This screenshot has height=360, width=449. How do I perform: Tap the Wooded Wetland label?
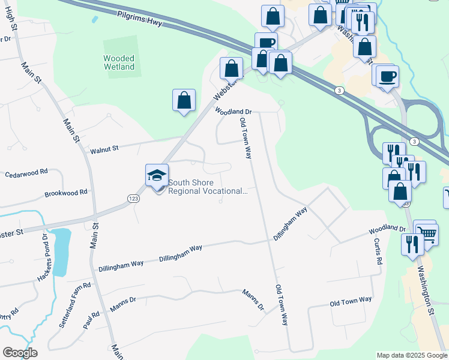[x=119, y=62]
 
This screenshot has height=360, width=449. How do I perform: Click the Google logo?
[x=20, y=353]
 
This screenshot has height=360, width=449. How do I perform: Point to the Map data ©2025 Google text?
[x=411, y=355]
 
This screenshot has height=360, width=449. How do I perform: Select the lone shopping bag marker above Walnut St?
[x=184, y=101]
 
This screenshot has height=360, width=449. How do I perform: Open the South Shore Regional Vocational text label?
[x=207, y=187]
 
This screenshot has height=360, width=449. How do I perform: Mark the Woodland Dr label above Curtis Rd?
[x=387, y=229]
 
